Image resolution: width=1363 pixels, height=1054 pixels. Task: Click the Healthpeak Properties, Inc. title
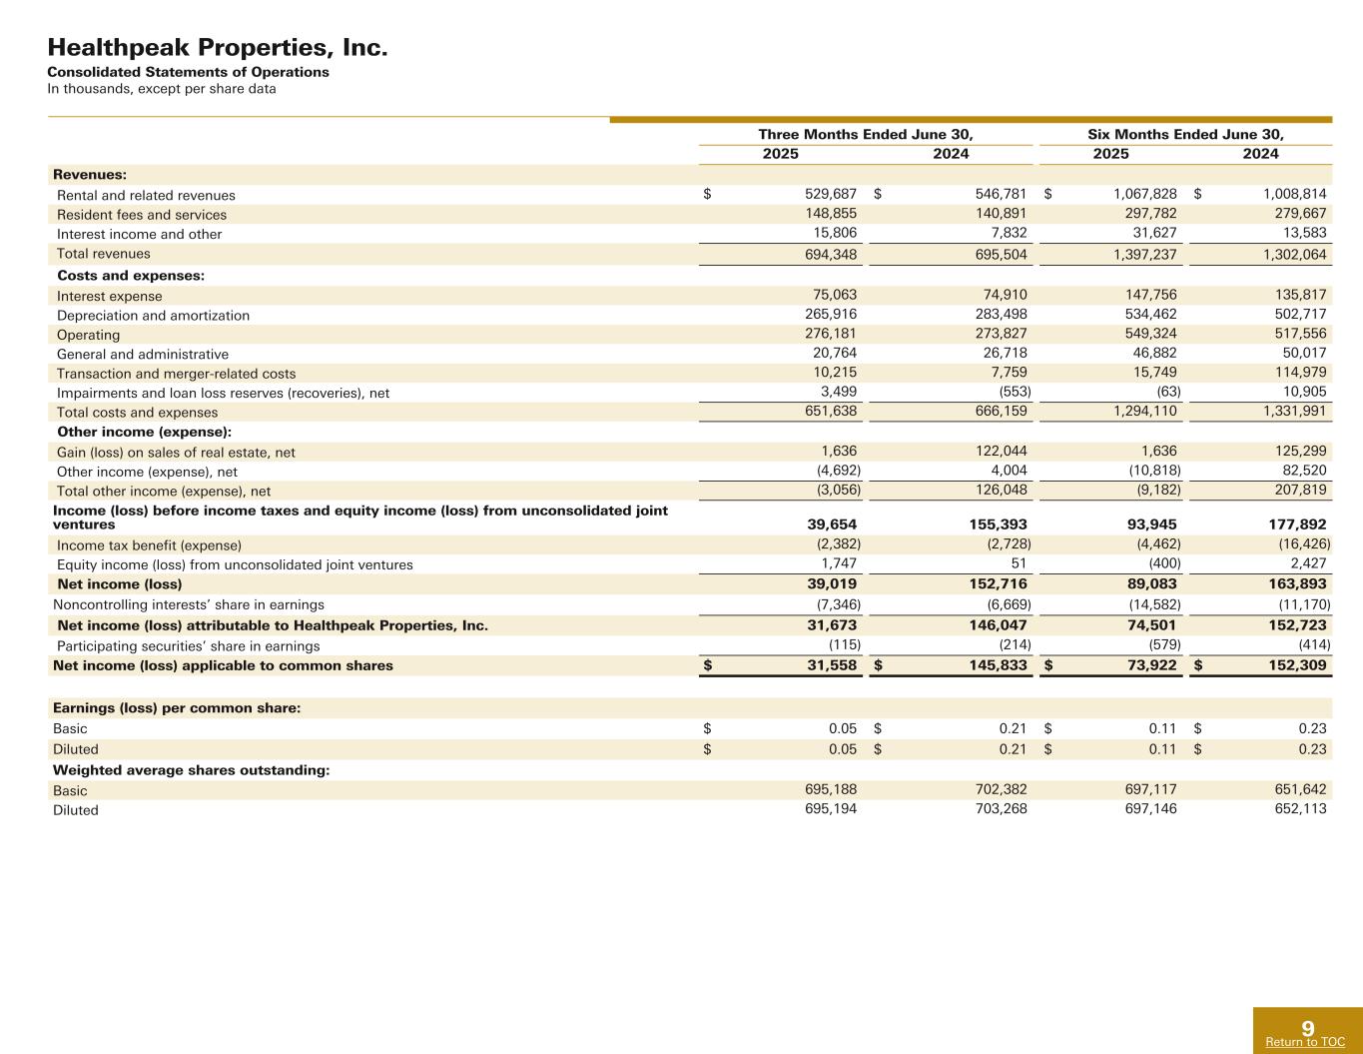218,47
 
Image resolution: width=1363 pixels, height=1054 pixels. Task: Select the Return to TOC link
1305,1042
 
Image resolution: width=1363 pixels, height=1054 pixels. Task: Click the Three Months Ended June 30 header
866,134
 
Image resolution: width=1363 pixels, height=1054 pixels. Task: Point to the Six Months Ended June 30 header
1185,134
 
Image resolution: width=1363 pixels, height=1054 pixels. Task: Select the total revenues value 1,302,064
1294,255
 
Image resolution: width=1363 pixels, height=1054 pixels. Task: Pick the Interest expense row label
109,296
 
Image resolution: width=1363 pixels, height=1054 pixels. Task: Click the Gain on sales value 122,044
994,452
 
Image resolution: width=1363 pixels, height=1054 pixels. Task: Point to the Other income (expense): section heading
144,432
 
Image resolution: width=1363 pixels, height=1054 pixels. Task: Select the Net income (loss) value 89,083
1144,583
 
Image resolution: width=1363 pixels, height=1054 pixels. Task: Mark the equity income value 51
1019,564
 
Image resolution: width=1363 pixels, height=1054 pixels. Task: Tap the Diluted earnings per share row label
76,749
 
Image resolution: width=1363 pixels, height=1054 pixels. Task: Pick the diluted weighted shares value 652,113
1294,809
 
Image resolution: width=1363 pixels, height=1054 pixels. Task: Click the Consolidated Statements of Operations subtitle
189,72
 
